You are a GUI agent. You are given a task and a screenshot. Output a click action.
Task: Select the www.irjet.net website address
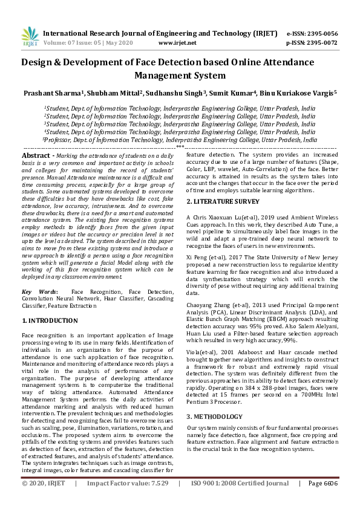tap(177, 43)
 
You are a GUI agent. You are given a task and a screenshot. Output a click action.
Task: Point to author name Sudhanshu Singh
tap(178, 93)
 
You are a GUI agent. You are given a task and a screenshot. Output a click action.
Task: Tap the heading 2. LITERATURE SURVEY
tap(223, 201)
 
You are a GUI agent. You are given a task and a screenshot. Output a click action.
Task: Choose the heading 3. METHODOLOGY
tap(215, 400)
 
